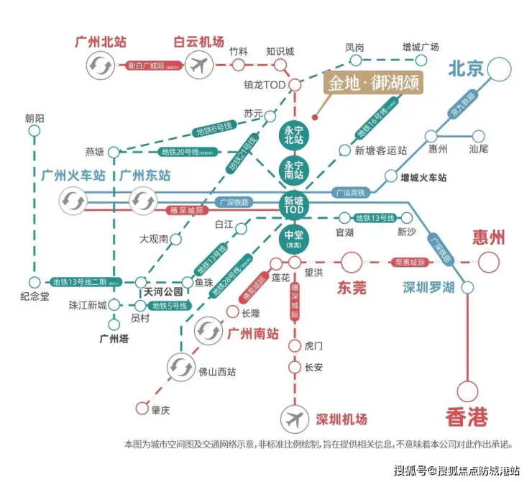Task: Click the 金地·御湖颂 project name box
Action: [372, 83]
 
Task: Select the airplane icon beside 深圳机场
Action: [294, 419]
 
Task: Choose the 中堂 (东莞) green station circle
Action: [294, 239]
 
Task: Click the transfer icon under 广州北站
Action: [98, 66]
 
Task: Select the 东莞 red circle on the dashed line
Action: [352, 263]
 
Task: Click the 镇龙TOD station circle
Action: [294, 85]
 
